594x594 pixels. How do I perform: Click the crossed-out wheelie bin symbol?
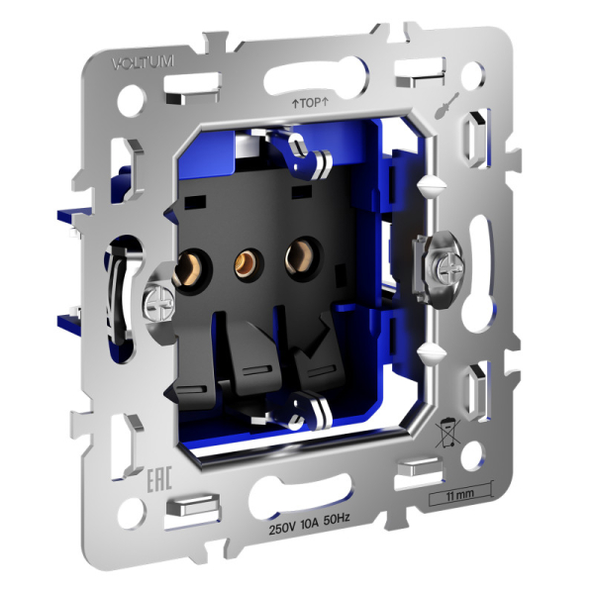click(x=448, y=432)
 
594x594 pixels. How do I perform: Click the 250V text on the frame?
click(x=286, y=531)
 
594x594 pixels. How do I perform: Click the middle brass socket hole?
click(x=242, y=264)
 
